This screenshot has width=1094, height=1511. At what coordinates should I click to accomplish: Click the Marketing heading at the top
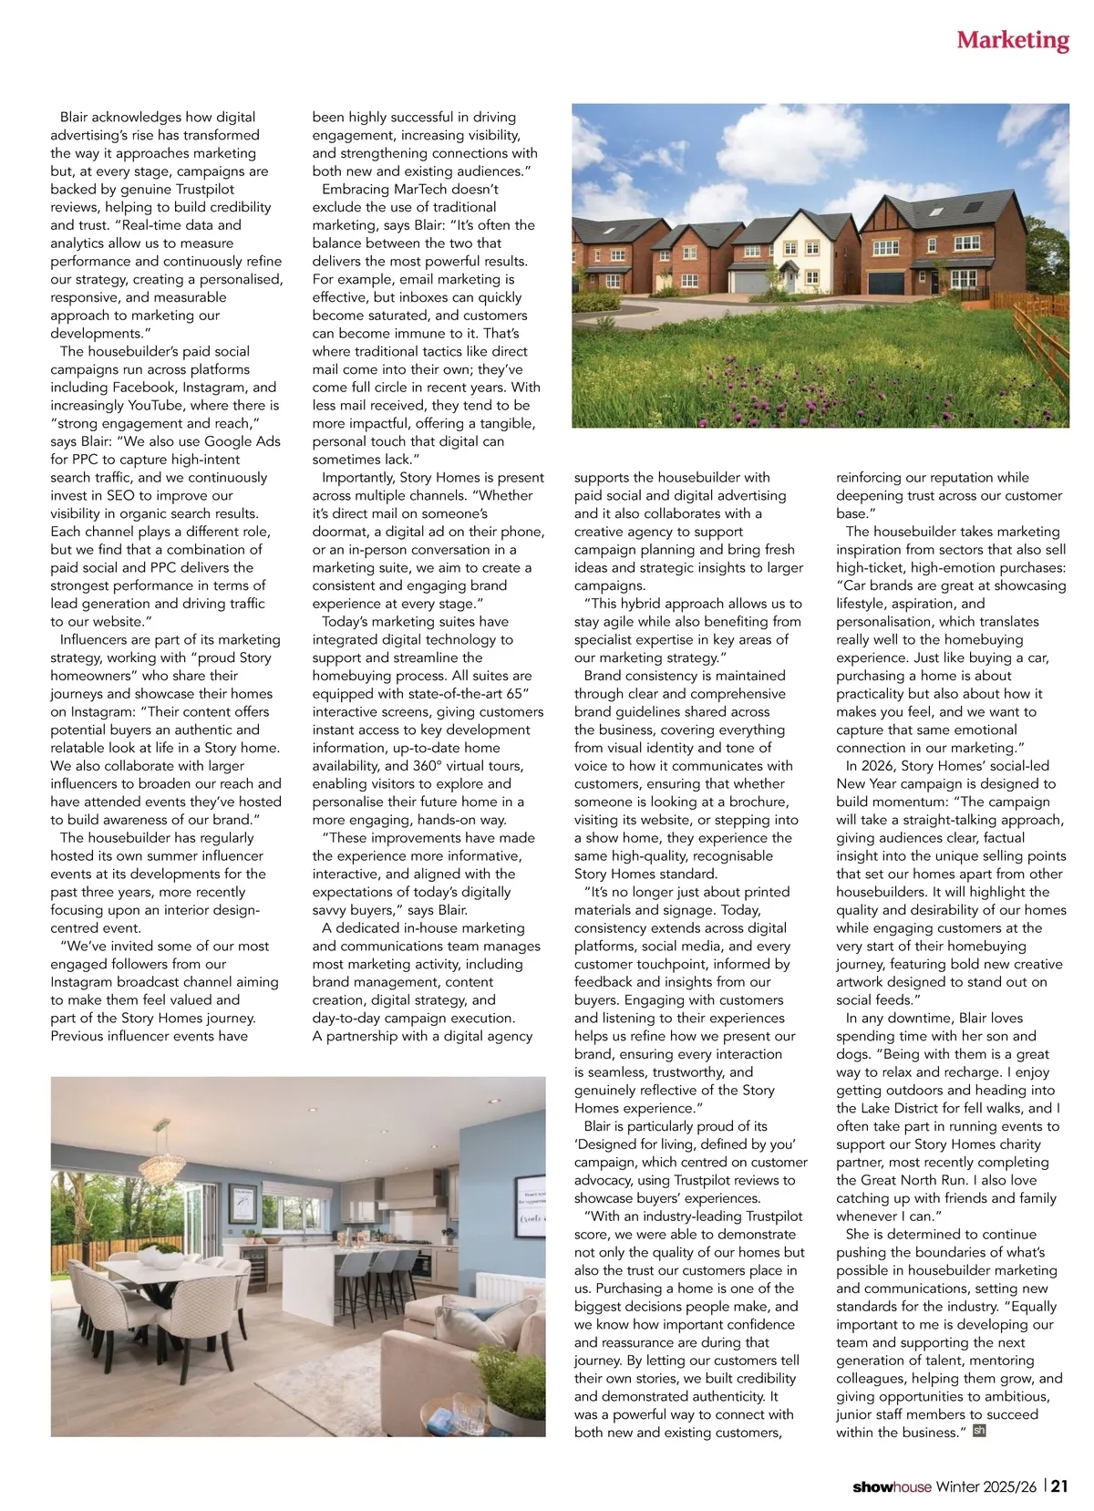tap(1012, 40)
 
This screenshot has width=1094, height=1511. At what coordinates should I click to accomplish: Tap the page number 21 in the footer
tap(1059, 1486)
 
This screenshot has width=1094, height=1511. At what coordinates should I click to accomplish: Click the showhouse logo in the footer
tap(892, 1487)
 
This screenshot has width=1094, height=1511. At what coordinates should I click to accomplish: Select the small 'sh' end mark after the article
tap(980, 1431)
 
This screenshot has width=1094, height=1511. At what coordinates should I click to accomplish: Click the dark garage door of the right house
tap(886, 282)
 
